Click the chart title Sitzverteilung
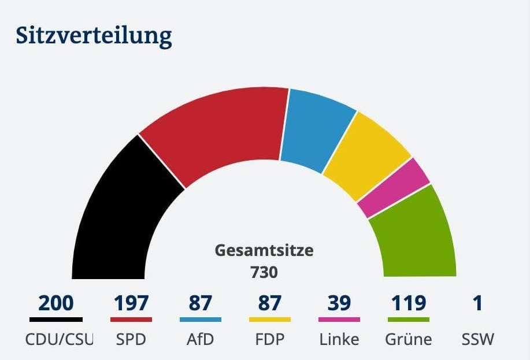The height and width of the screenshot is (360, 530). pyautogui.click(x=94, y=36)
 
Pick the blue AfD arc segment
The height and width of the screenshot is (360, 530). pyautogui.click(x=317, y=130)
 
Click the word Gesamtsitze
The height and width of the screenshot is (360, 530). pyautogui.click(x=264, y=251)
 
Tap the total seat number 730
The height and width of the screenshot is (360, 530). pyautogui.click(x=264, y=272)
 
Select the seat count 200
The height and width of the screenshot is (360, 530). pyautogui.click(x=56, y=303)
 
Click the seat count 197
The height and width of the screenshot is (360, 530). pyautogui.click(x=131, y=303)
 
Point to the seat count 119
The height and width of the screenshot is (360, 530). pyautogui.click(x=409, y=303)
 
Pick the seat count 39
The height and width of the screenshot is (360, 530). pyautogui.click(x=339, y=303)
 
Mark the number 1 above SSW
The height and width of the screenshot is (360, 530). pyautogui.click(x=477, y=303)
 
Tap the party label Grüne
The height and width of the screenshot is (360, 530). pyautogui.click(x=409, y=339)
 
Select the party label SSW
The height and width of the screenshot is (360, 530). pyautogui.click(x=478, y=339)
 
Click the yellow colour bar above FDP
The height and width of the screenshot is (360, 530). pyautogui.click(x=270, y=319)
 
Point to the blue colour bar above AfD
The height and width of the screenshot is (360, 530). pyautogui.click(x=201, y=319)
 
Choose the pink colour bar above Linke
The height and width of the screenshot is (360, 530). pyautogui.click(x=339, y=319)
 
